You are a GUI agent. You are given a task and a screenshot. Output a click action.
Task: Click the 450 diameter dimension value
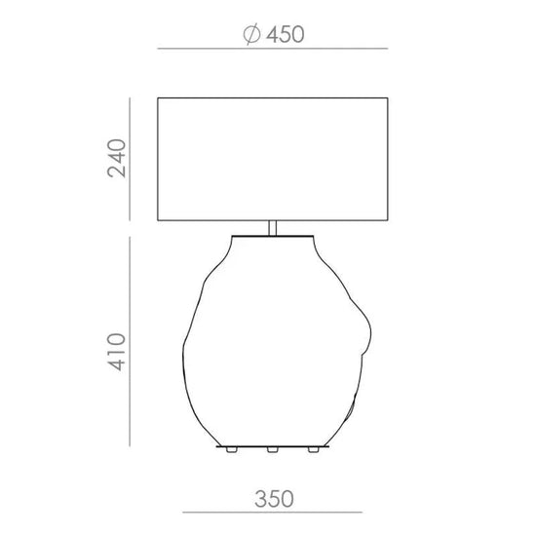click(286, 34)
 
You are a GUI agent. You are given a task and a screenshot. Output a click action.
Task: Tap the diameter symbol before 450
click(252, 34)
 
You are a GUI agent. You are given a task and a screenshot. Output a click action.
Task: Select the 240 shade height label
click(117, 158)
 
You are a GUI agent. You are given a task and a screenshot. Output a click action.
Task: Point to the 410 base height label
click(117, 352)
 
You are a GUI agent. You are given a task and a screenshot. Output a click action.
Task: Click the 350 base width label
click(274, 499)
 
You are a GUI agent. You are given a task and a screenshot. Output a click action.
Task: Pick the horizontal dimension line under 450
click(273, 49)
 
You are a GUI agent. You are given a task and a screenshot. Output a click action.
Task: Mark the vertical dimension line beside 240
click(130, 159)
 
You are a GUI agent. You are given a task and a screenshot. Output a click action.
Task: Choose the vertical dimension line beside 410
click(130, 341)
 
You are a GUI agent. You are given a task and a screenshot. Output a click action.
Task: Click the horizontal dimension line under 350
click(273, 513)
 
